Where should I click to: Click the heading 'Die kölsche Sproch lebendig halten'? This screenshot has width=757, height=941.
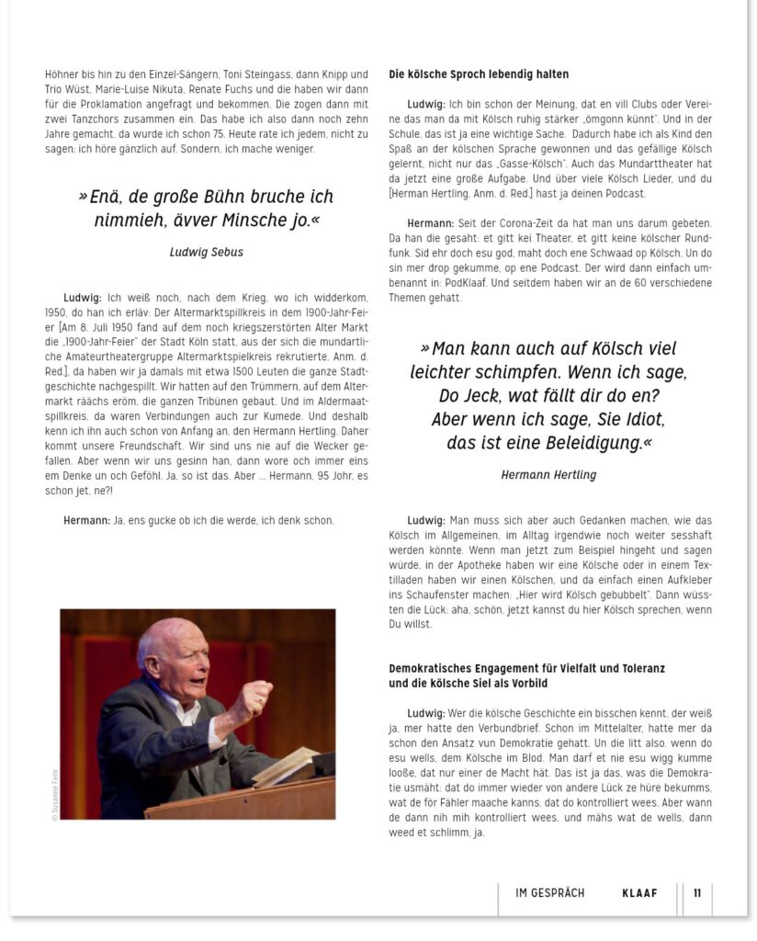(479, 74)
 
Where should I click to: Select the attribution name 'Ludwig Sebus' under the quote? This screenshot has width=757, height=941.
(207, 251)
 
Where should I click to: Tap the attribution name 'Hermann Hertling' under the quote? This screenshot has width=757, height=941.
(548, 475)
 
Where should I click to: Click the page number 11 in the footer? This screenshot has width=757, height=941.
(697, 893)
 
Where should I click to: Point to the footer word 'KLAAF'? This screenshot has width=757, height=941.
(639, 893)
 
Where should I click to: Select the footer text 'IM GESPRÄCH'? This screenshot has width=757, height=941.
(550, 893)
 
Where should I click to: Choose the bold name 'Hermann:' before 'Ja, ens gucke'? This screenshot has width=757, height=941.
(86, 521)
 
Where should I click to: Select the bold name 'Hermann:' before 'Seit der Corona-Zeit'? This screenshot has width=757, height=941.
(431, 224)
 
